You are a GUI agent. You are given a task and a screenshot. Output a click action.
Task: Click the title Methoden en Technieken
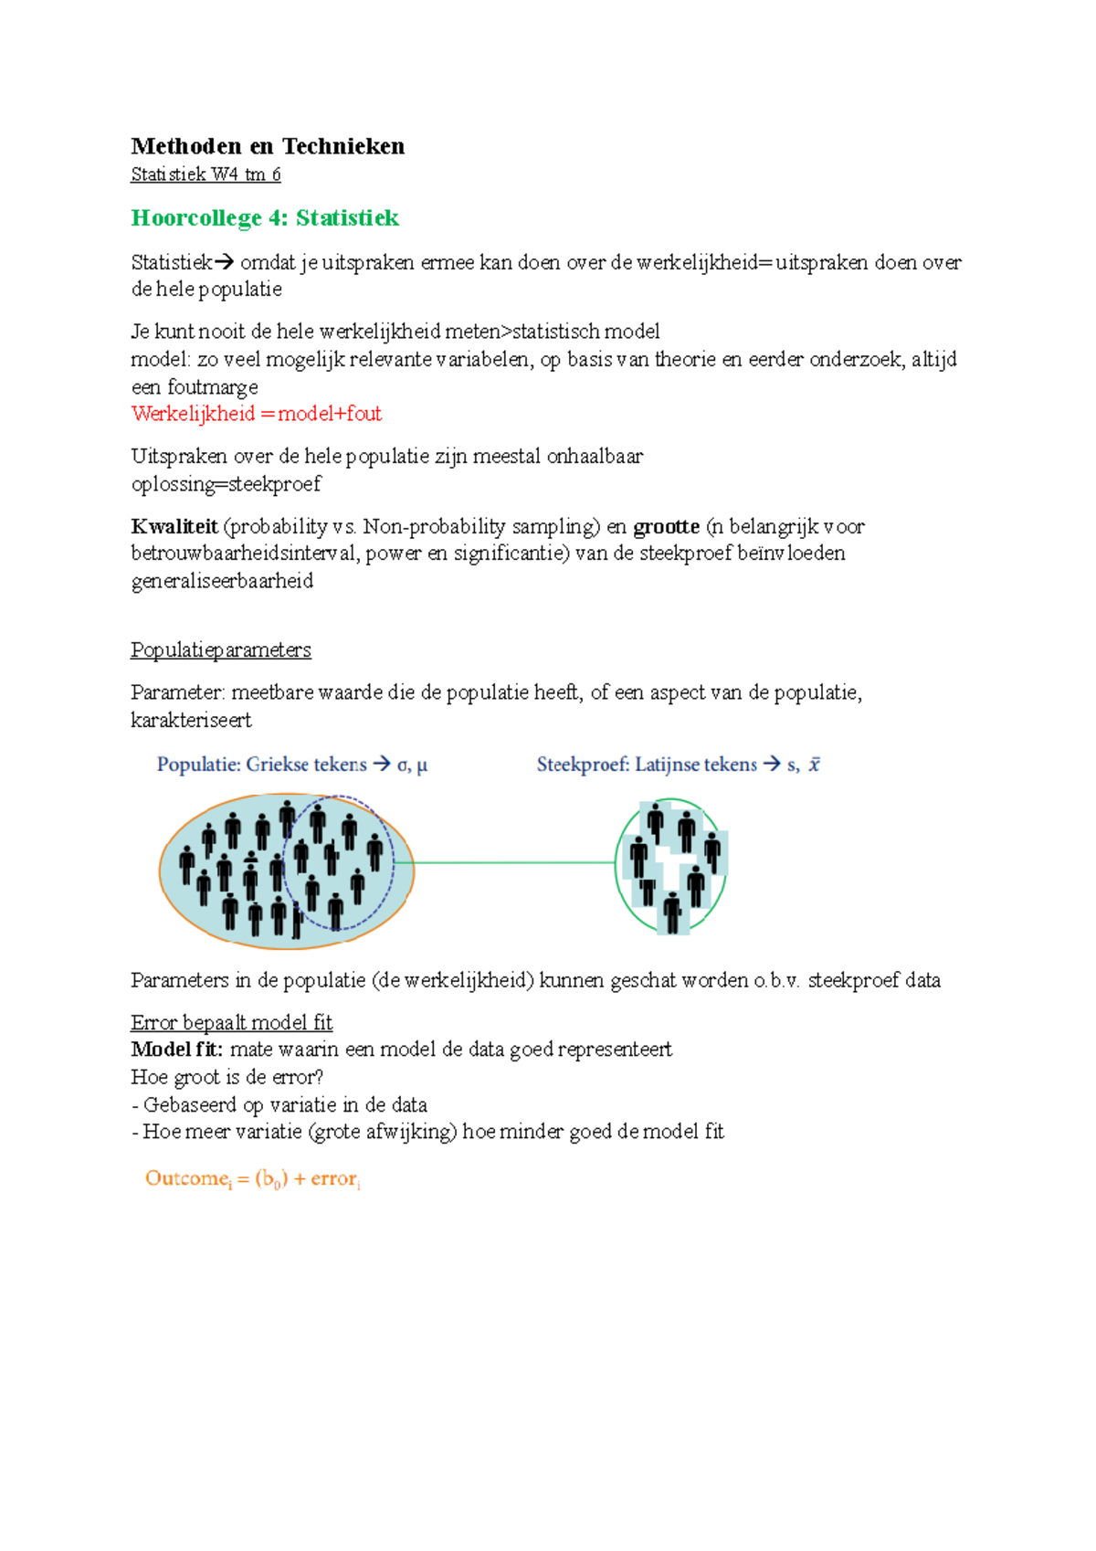click(268, 146)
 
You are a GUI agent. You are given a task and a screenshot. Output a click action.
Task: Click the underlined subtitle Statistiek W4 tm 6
click(205, 174)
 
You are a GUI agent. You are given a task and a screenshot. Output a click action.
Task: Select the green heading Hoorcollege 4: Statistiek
click(265, 218)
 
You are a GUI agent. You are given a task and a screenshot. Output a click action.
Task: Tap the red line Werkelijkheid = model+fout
click(257, 414)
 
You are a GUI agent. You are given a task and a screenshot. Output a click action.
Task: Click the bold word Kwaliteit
click(174, 527)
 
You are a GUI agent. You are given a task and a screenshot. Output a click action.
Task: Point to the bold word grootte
click(666, 527)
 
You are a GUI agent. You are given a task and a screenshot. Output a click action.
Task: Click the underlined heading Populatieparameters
click(221, 650)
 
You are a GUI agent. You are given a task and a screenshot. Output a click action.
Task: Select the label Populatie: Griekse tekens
click(261, 765)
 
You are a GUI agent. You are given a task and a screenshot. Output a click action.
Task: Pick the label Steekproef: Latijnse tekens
click(647, 765)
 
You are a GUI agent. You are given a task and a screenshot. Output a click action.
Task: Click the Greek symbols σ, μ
click(412, 765)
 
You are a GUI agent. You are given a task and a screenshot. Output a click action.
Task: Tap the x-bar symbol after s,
click(814, 765)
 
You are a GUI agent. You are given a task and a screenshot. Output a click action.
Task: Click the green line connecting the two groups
click(514, 862)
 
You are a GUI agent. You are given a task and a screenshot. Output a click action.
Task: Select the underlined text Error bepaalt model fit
click(231, 1022)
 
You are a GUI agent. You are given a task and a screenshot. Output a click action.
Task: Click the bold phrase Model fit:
click(176, 1050)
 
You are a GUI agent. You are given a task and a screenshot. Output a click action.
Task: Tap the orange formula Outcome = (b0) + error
click(253, 1179)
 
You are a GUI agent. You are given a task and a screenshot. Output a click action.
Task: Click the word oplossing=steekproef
click(226, 484)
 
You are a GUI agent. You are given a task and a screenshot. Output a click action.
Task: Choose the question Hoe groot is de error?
click(227, 1077)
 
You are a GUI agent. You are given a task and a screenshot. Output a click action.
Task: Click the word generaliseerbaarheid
click(222, 581)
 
